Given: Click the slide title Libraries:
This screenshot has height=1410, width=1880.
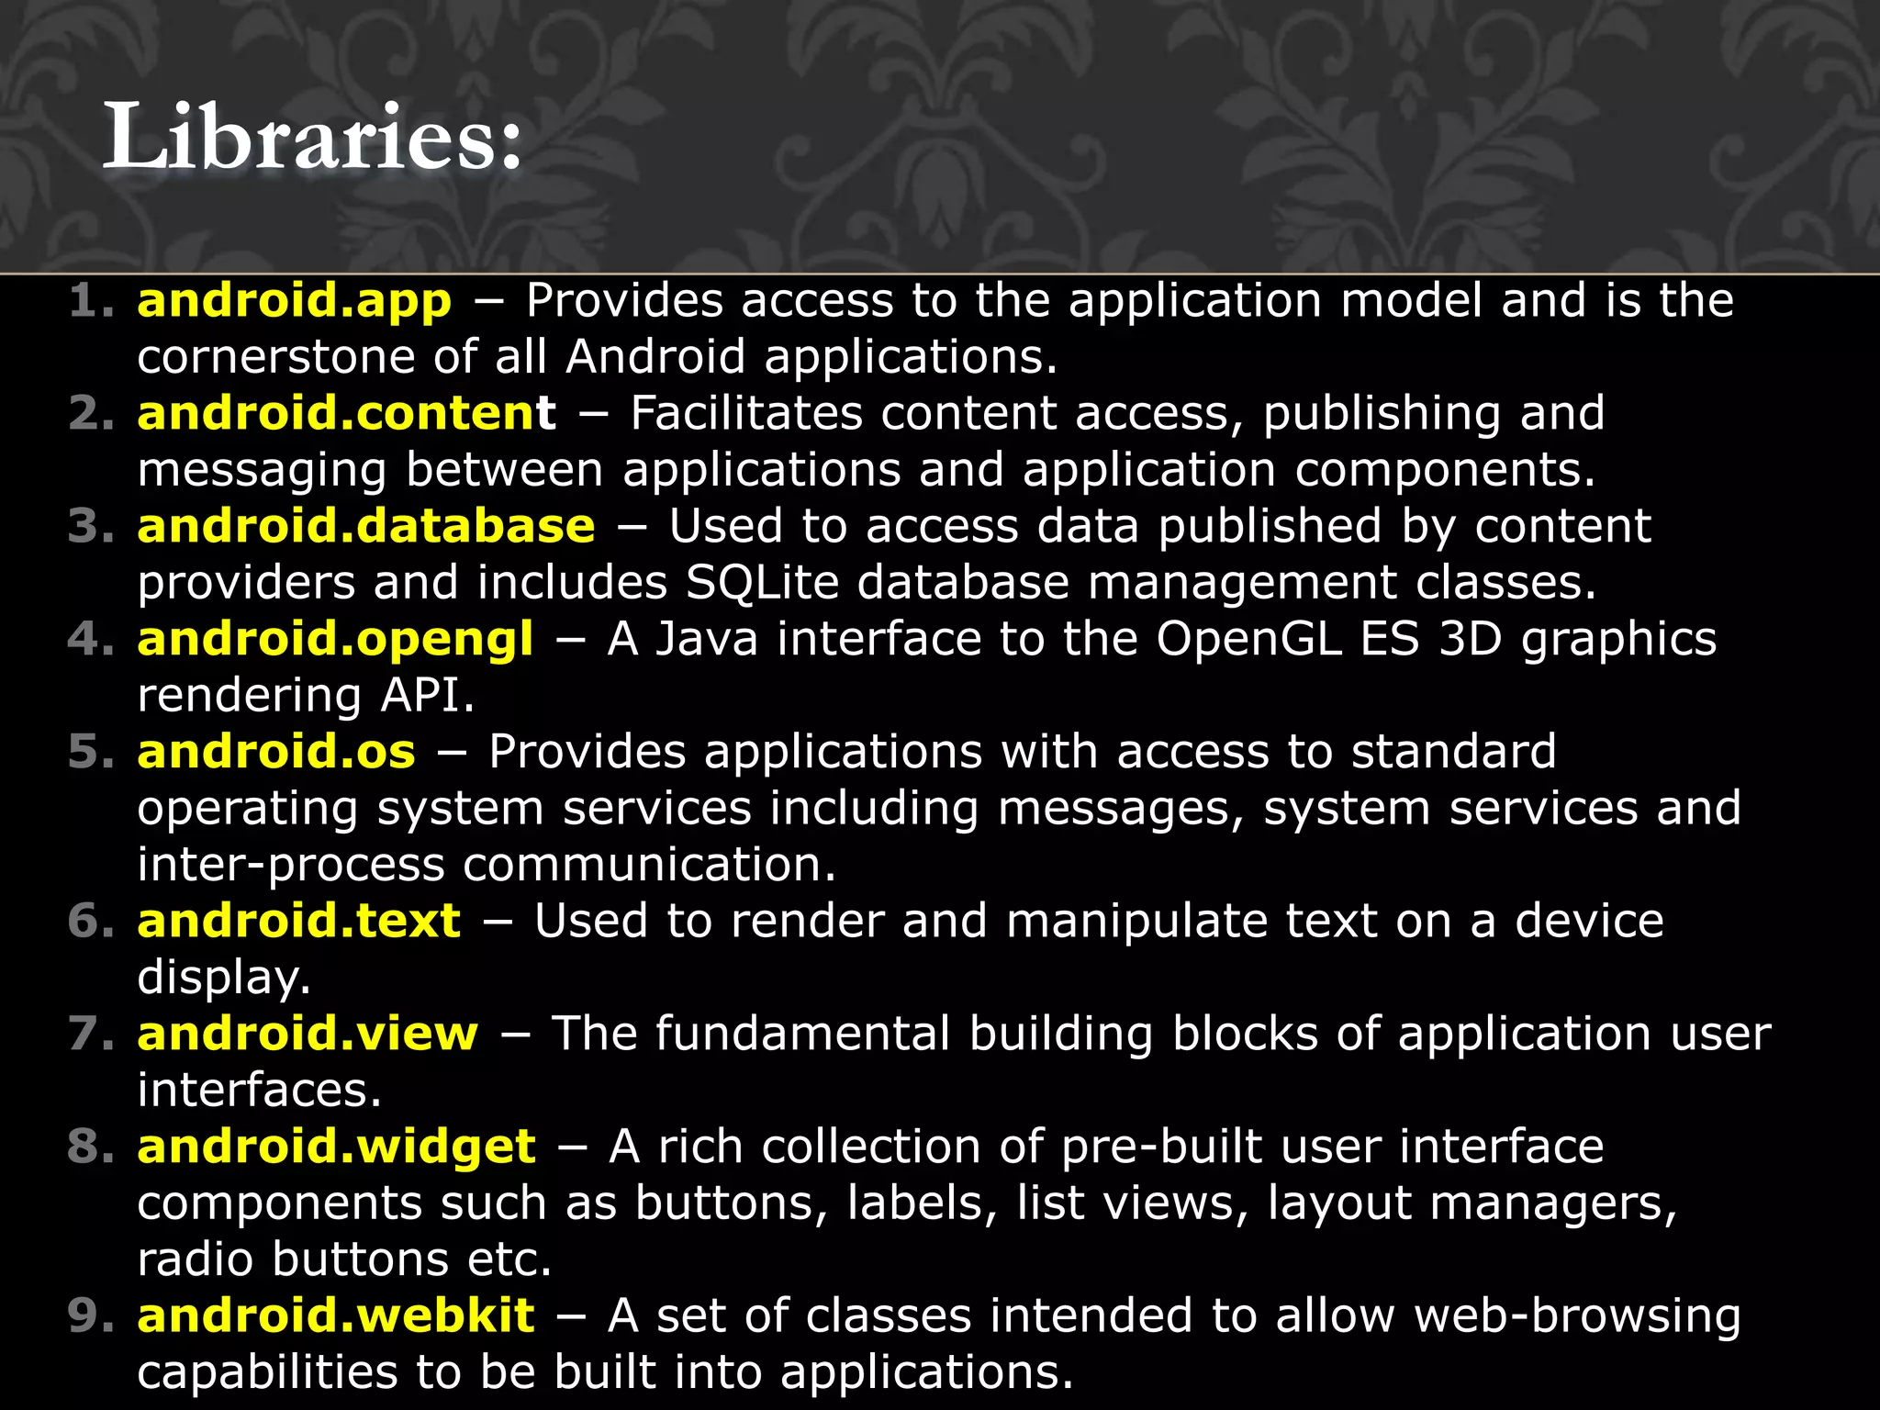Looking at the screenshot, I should [x=312, y=138].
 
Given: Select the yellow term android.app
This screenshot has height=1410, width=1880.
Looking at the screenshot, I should [x=295, y=301].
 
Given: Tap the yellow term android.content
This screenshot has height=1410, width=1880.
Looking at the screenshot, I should [x=346, y=414].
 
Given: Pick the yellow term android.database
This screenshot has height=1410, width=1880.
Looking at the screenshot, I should [x=366, y=527].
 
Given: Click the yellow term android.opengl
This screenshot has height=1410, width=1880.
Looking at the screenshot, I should [x=335, y=640].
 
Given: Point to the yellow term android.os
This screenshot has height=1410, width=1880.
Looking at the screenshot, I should [x=276, y=752].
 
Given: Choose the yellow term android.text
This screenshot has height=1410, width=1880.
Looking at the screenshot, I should [x=298, y=921].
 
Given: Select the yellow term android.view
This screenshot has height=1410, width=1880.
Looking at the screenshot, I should [x=308, y=1034].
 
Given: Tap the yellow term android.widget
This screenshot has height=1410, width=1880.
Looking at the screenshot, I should [x=336, y=1147].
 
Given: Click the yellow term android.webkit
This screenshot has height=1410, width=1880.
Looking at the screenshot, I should [x=336, y=1315].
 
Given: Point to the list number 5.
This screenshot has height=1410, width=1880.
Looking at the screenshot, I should [x=90, y=752].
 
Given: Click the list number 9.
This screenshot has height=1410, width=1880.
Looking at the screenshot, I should [x=90, y=1315].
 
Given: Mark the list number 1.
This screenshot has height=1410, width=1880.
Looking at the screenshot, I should [x=90, y=301].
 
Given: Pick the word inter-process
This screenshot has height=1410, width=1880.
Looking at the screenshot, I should [x=291, y=865].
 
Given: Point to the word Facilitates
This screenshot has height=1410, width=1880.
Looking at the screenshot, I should [x=746, y=414].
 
